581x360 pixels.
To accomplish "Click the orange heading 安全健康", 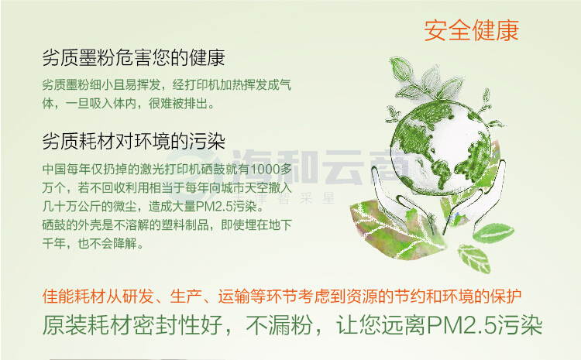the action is coord(471,30).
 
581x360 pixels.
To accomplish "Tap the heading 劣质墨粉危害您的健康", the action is coord(133,58).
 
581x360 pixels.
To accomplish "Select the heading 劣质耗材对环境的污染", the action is coord(133,141).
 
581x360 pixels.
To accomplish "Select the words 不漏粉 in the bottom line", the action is coord(280,326).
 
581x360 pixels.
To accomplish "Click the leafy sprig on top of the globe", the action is coord(426,80).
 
